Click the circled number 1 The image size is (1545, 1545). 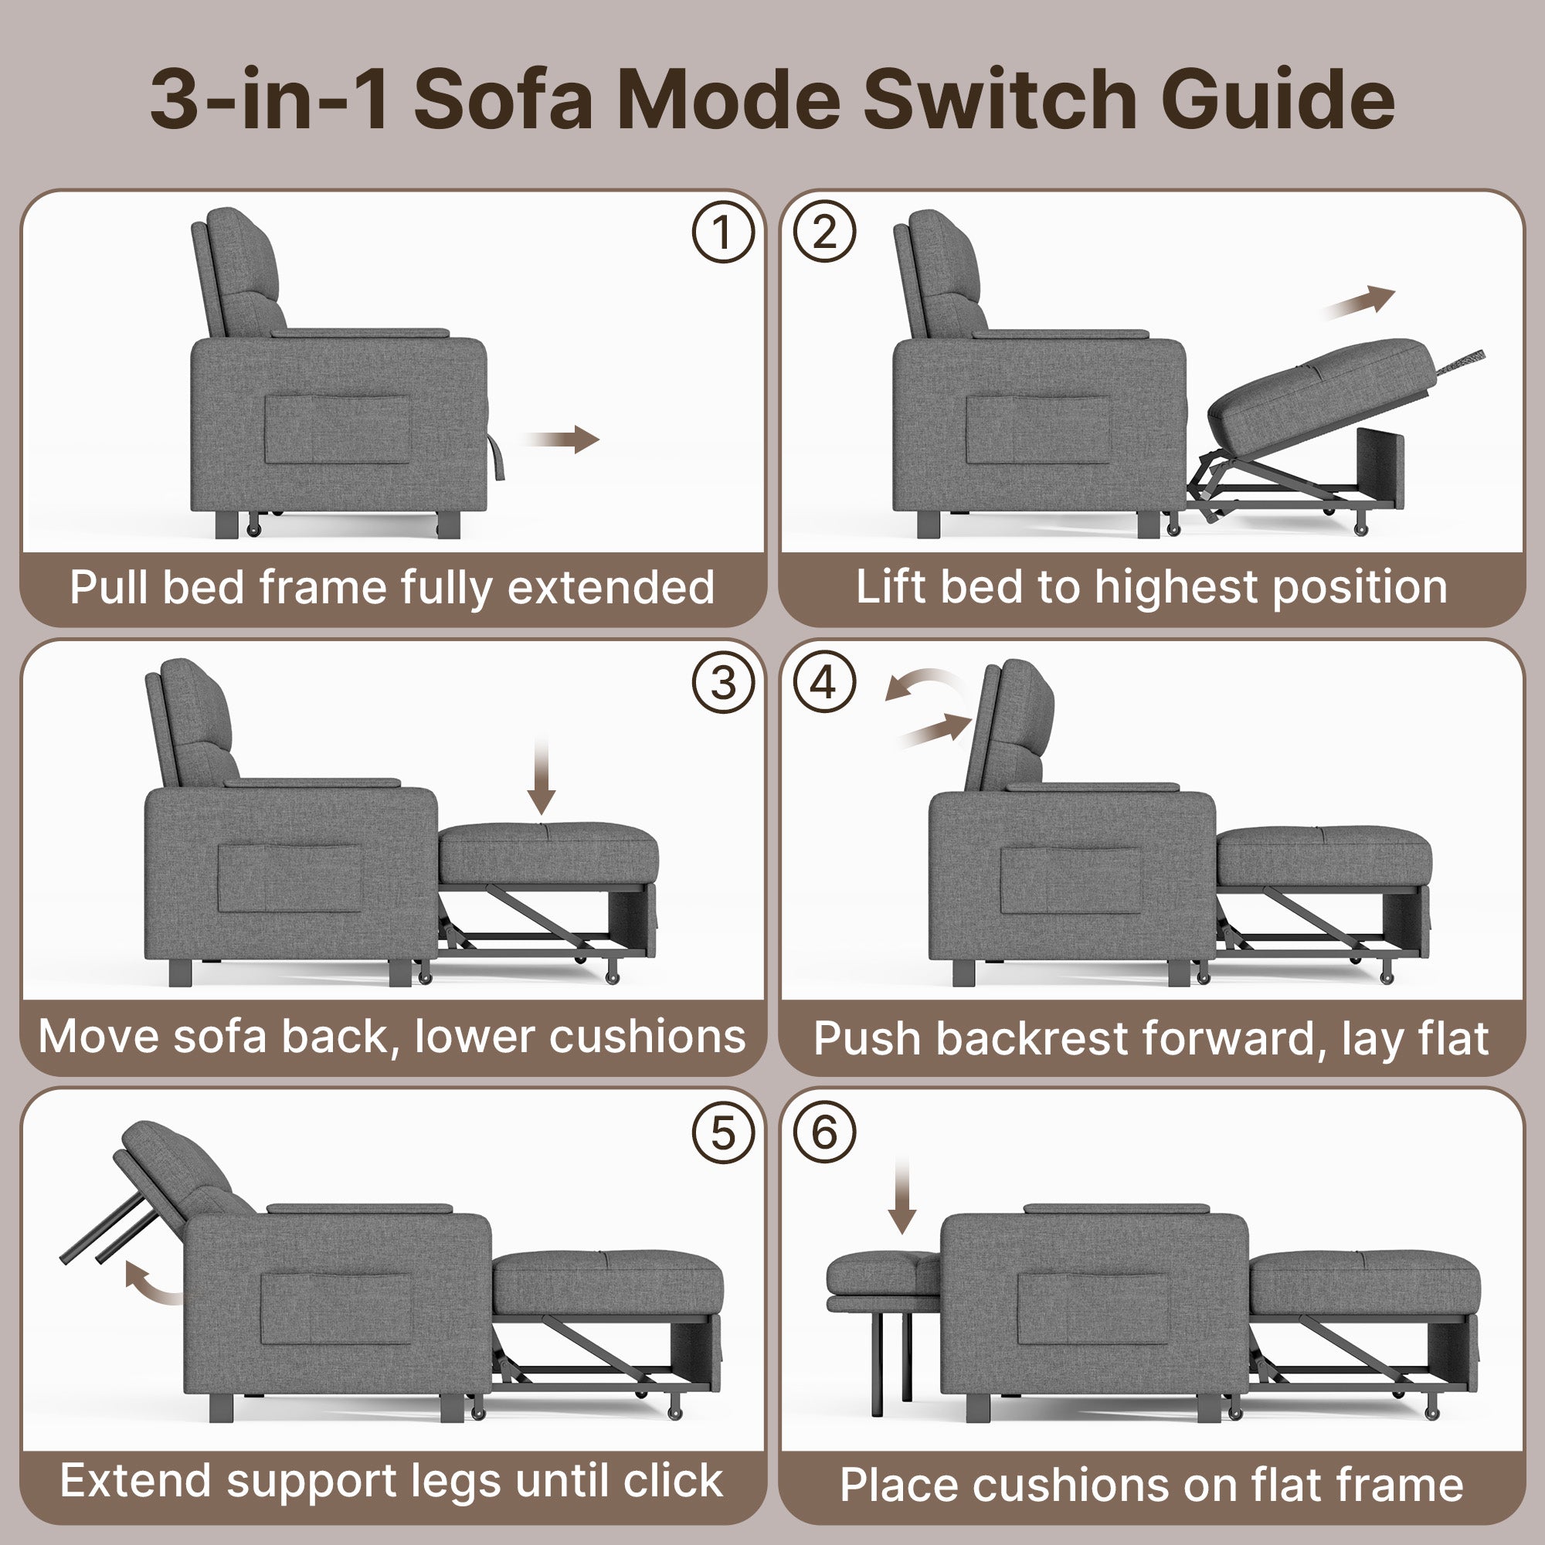click(x=723, y=233)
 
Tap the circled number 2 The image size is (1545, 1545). click(x=823, y=233)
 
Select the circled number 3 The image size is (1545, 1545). click(x=723, y=683)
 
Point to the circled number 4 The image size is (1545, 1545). click(x=823, y=683)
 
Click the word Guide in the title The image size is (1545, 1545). click(x=1278, y=99)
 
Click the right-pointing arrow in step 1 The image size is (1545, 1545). click(x=562, y=439)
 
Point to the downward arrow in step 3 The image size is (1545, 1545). click(x=542, y=775)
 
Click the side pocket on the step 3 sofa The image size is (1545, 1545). click(x=290, y=878)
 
